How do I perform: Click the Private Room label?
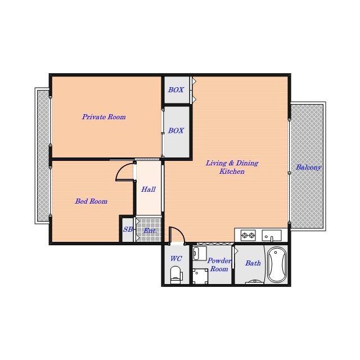(104, 117)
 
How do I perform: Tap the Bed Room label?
(91, 201)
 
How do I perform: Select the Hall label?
(148, 190)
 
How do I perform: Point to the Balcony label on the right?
(308, 168)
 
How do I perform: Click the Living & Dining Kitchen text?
(232, 167)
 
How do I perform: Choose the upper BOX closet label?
(176, 90)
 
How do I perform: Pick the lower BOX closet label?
(176, 130)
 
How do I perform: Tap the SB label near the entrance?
(128, 229)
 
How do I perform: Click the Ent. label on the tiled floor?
(150, 231)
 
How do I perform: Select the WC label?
(176, 259)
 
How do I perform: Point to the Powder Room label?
(219, 265)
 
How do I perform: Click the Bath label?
(253, 263)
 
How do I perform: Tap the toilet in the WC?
(176, 273)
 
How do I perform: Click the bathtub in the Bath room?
(277, 264)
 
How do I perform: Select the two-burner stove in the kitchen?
(248, 235)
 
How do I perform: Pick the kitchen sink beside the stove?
(272, 235)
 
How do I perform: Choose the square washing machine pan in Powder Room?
(200, 276)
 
